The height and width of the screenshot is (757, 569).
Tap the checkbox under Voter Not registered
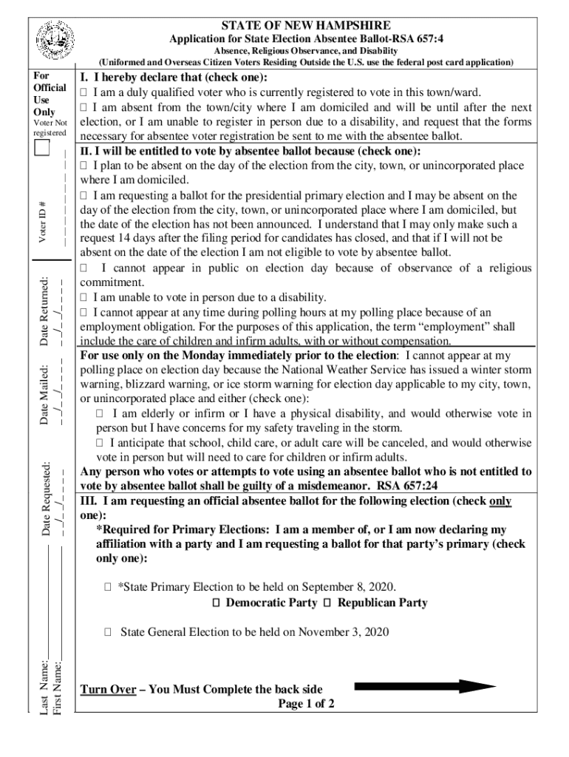pyautogui.click(x=42, y=149)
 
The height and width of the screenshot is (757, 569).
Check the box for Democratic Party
pyautogui.click(x=216, y=603)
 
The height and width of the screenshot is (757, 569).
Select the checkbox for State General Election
pyautogui.click(x=108, y=632)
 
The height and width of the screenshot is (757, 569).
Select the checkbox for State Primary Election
pyautogui.click(x=108, y=587)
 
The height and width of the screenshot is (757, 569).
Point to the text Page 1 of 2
pyautogui.click(x=306, y=704)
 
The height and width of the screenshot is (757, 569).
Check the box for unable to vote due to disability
pyautogui.click(x=84, y=297)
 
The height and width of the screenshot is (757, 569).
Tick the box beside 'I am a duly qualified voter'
pyautogui.click(x=84, y=92)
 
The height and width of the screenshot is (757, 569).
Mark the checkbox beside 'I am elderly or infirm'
pyautogui.click(x=100, y=414)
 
